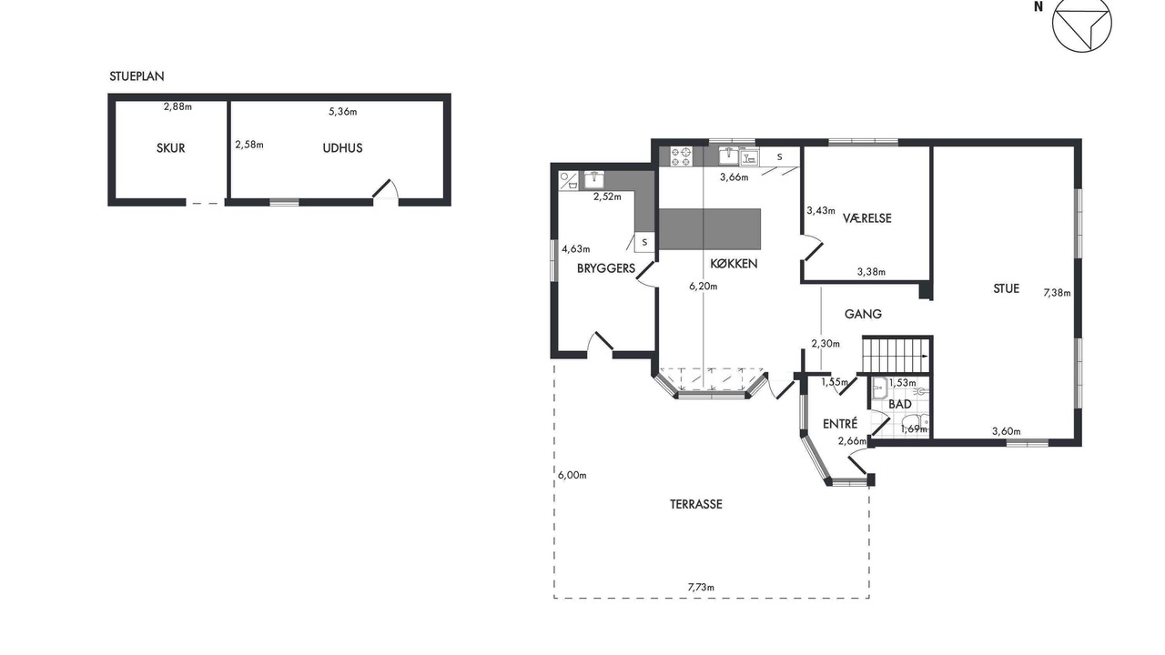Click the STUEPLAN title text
[x=137, y=76]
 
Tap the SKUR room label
[x=170, y=148]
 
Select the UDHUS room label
[x=342, y=148]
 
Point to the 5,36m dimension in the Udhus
[x=343, y=111]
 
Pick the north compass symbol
[x=1082, y=24]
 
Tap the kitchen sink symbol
[x=729, y=156]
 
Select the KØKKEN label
[x=734, y=264]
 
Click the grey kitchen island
[x=710, y=229]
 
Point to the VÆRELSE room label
[x=867, y=218]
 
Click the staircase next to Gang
[x=896, y=355]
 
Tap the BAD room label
[x=900, y=404]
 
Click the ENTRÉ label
[x=840, y=424]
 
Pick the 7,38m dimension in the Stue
[x=1057, y=293]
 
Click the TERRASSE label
[x=696, y=504]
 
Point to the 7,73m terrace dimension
[x=701, y=588]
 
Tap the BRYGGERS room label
[x=606, y=268]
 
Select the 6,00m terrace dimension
[x=572, y=475]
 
